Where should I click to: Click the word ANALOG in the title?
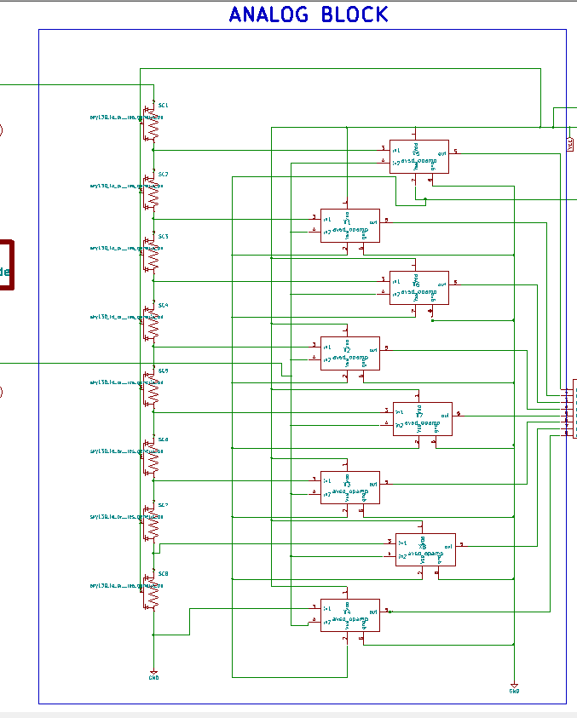pyautogui.click(x=270, y=14)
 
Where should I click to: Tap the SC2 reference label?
pyautogui.click(x=163, y=174)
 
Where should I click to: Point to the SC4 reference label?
pyautogui.click(x=163, y=305)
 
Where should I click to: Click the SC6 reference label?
pyautogui.click(x=163, y=439)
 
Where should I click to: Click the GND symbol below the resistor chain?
pyautogui.click(x=153, y=675)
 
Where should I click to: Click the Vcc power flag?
pyautogui.click(x=570, y=143)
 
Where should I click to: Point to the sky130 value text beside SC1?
pyautogui.click(x=126, y=118)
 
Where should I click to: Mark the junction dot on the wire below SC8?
pyautogui.click(x=153, y=635)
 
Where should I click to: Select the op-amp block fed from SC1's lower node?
pyautogui.click(x=418, y=157)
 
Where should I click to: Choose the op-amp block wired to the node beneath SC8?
pyautogui.click(x=349, y=615)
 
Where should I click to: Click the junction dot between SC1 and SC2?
pyautogui.click(x=153, y=150)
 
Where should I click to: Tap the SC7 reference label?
pyautogui.click(x=163, y=506)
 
